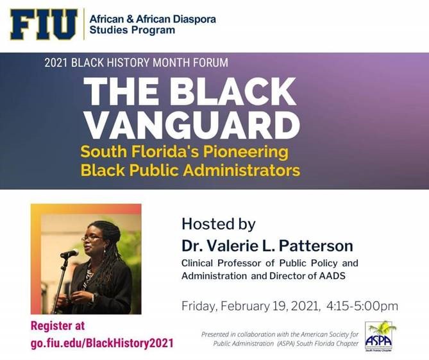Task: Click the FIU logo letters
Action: point(44,24)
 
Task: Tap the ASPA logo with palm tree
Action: point(379,336)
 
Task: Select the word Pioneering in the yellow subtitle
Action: point(246,153)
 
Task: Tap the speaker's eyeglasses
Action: point(91,239)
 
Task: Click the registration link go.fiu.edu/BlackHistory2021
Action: point(102,343)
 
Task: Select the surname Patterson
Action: point(316,246)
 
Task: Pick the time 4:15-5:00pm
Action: point(362,306)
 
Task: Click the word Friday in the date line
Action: point(199,306)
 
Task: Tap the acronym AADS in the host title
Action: point(332,276)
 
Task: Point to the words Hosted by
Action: point(219,224)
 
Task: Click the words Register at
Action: point(58,326)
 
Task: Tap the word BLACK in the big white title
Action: point(231,91)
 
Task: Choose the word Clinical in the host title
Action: point(197,263)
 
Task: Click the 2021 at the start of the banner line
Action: point(55,63)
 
